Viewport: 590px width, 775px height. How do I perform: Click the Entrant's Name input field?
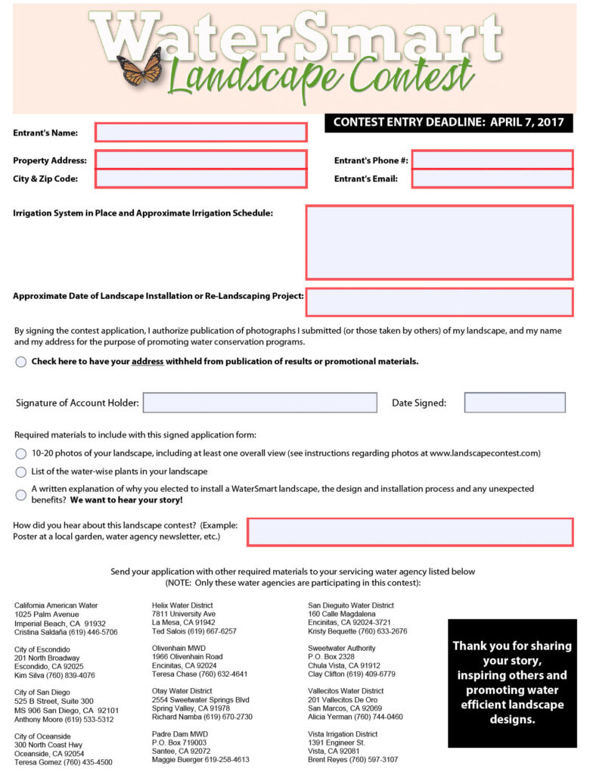pyautogui.click(x=200, y=132)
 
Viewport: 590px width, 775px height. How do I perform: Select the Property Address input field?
pyautogui.click(x=200, y=160)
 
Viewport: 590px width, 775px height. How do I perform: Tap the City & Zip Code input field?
pyautogui.click(x=200, y=179)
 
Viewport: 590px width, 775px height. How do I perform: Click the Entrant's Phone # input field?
pyautogui.click(x=492, y=160)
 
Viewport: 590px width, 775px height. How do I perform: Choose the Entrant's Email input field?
pyautogui.click(x=492, y=179)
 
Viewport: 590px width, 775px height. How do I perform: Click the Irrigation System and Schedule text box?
pyautogui.click(x=439, y=242)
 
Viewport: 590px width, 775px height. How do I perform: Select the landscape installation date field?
pyautogui.click(x=439, y=302)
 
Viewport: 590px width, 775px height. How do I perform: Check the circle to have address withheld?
pyautogui.click(x=21, y=362)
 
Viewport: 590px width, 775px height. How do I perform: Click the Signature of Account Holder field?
pyautogui.click(x=259, y=403)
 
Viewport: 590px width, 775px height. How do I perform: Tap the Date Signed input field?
pyautogui.click(x=514, y=403)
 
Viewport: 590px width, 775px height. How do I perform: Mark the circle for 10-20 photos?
pyautogui.click(x=21, y=454)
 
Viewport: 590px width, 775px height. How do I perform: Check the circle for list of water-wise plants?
pyautogui.click(x=21, y=472)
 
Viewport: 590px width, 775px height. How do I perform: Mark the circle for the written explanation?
pyautogui.click(x=21, y=495)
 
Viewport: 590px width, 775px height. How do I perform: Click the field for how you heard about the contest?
pyautogui.click(x=409, y=531)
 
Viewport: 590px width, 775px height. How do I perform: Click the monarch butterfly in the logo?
pyautogui.click(x=140, y=67)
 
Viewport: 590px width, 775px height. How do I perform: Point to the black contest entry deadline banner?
pyautogui.click(x=449, y=123)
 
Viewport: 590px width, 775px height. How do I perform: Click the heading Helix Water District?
pyautogui.click(x=182, y=605)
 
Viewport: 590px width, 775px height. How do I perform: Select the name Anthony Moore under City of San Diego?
pyautogui.click(x=40, y=720)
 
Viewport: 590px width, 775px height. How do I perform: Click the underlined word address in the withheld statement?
pyautogui.click(x=147, y=362)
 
